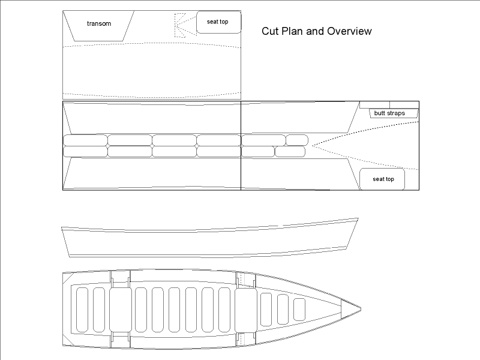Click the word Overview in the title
click(349, 31)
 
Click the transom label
click(99, 23)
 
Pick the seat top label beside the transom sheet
click(217, 22)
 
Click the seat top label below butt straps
click(383, 179)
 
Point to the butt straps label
click(389, 113)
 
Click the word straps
click(397, 113)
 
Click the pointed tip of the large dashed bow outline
click(312, 145)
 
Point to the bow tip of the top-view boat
click(361, 309)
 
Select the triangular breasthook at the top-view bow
click(350, 309)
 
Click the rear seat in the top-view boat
click(121, 310)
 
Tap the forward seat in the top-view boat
click(246, 310)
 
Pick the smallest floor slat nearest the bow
click(299, 309)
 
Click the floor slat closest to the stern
click(82, 310)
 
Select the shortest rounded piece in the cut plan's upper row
click(297, 140)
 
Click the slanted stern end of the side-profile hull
click(65, 242)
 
